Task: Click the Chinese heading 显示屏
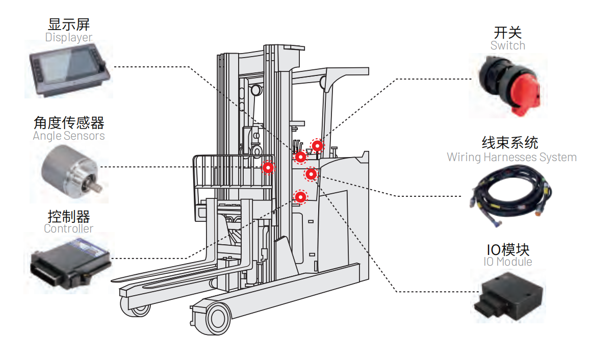tap(68, 24)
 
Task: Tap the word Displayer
tap(68, 37)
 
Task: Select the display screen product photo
tap(69, 70)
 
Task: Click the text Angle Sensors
tap(68, 136)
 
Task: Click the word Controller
tap(68, 228)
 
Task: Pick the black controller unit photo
tap(69, 263)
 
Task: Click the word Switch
tap(507, 45)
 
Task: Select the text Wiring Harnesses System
tap(511, 157)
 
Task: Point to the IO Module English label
tap(507, 262)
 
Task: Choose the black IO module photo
tap(507, 296)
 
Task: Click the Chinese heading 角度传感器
tap(68, 123)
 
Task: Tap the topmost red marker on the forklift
tap(318, 146)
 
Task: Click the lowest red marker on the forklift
tap(301, 196)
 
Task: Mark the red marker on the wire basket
tap(268, 167)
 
